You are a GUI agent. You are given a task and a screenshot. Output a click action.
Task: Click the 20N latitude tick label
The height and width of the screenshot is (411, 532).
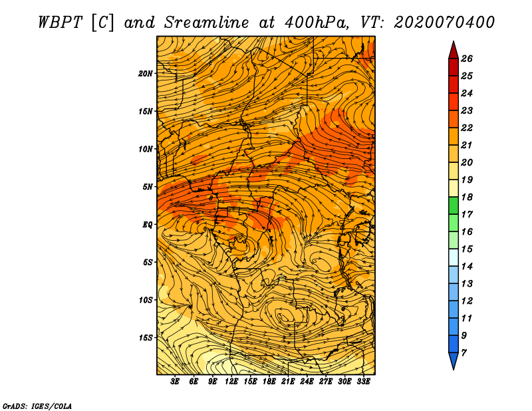point(145,73)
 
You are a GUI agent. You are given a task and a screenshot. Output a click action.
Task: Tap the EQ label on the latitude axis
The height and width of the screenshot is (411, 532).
point(147,225)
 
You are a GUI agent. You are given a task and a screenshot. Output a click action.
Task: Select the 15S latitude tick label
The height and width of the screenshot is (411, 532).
point(145,338)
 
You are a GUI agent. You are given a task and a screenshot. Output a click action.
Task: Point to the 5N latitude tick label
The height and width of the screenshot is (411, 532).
point(148,187)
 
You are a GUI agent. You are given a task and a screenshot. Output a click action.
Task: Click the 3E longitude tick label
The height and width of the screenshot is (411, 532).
point(175,382)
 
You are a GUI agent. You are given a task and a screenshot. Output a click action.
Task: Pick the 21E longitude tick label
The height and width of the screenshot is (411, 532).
point(288,382)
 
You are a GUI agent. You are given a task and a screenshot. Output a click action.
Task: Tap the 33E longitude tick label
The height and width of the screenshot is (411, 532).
point(363,382)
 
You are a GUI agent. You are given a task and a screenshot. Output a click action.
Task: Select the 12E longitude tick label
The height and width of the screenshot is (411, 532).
point(231,382)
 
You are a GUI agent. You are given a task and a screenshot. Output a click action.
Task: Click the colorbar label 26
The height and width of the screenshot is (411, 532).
point(467,59)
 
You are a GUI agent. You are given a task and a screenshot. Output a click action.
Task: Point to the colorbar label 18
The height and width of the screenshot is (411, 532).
point(467,197)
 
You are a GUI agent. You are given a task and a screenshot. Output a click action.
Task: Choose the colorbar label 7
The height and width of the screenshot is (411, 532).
point(464,353)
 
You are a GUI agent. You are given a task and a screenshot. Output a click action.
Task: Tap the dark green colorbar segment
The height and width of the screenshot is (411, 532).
point(454,205)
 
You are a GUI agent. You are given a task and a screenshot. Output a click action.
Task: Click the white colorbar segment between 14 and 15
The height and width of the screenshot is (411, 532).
point(454,257)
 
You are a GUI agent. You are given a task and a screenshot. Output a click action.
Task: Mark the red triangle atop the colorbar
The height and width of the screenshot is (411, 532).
point(454,50)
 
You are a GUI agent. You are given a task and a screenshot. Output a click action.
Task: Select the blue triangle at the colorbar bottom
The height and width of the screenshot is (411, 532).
point(454,361)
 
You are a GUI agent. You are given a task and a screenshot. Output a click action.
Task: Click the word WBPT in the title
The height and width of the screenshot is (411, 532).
point(60,23)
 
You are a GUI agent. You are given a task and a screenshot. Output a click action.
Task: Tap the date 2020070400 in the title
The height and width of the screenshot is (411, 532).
point(444,23)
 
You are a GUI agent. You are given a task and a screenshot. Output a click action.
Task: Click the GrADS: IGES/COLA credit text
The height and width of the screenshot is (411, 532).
point(37,406)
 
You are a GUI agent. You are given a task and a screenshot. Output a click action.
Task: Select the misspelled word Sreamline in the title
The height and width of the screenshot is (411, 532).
point(207,23)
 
